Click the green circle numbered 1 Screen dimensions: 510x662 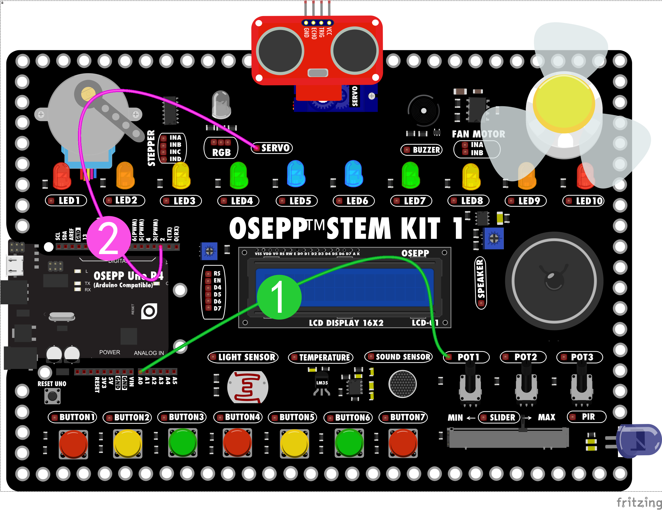[279, 297]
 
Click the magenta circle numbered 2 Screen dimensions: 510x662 [108, 238]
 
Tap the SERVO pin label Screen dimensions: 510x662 [275, 148]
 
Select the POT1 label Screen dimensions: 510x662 [468, 357]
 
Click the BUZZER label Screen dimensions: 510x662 [426, 150]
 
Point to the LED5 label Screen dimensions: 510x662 [300, 201]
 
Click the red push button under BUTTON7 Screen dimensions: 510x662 [403, 443]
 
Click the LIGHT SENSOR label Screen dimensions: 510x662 [246, 357]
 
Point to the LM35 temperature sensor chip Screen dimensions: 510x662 [322, 383]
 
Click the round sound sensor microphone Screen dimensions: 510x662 [403, 384]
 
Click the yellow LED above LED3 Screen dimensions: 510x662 [181, 175]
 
